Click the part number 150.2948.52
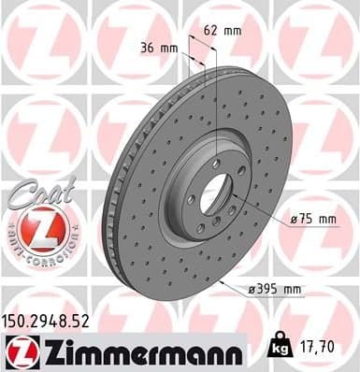tap(54, 320)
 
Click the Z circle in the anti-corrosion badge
tap(39, 227)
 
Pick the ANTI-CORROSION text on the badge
tap(40, 251)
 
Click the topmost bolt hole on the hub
tap(216, 165)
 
